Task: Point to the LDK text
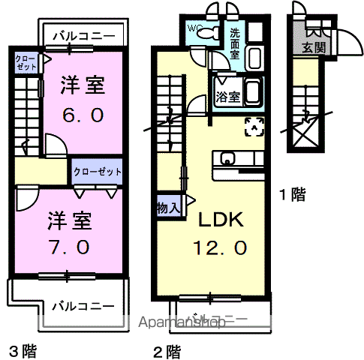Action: (220, 220)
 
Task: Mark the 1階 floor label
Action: (292, 195)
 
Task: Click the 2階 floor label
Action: (167, 349)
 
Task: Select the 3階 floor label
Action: (23, 349)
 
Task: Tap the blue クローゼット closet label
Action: (98, 172)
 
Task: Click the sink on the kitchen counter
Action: (228, 158)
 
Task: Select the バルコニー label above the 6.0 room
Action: (83, 35)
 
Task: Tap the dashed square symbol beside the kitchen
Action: (254, 126)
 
